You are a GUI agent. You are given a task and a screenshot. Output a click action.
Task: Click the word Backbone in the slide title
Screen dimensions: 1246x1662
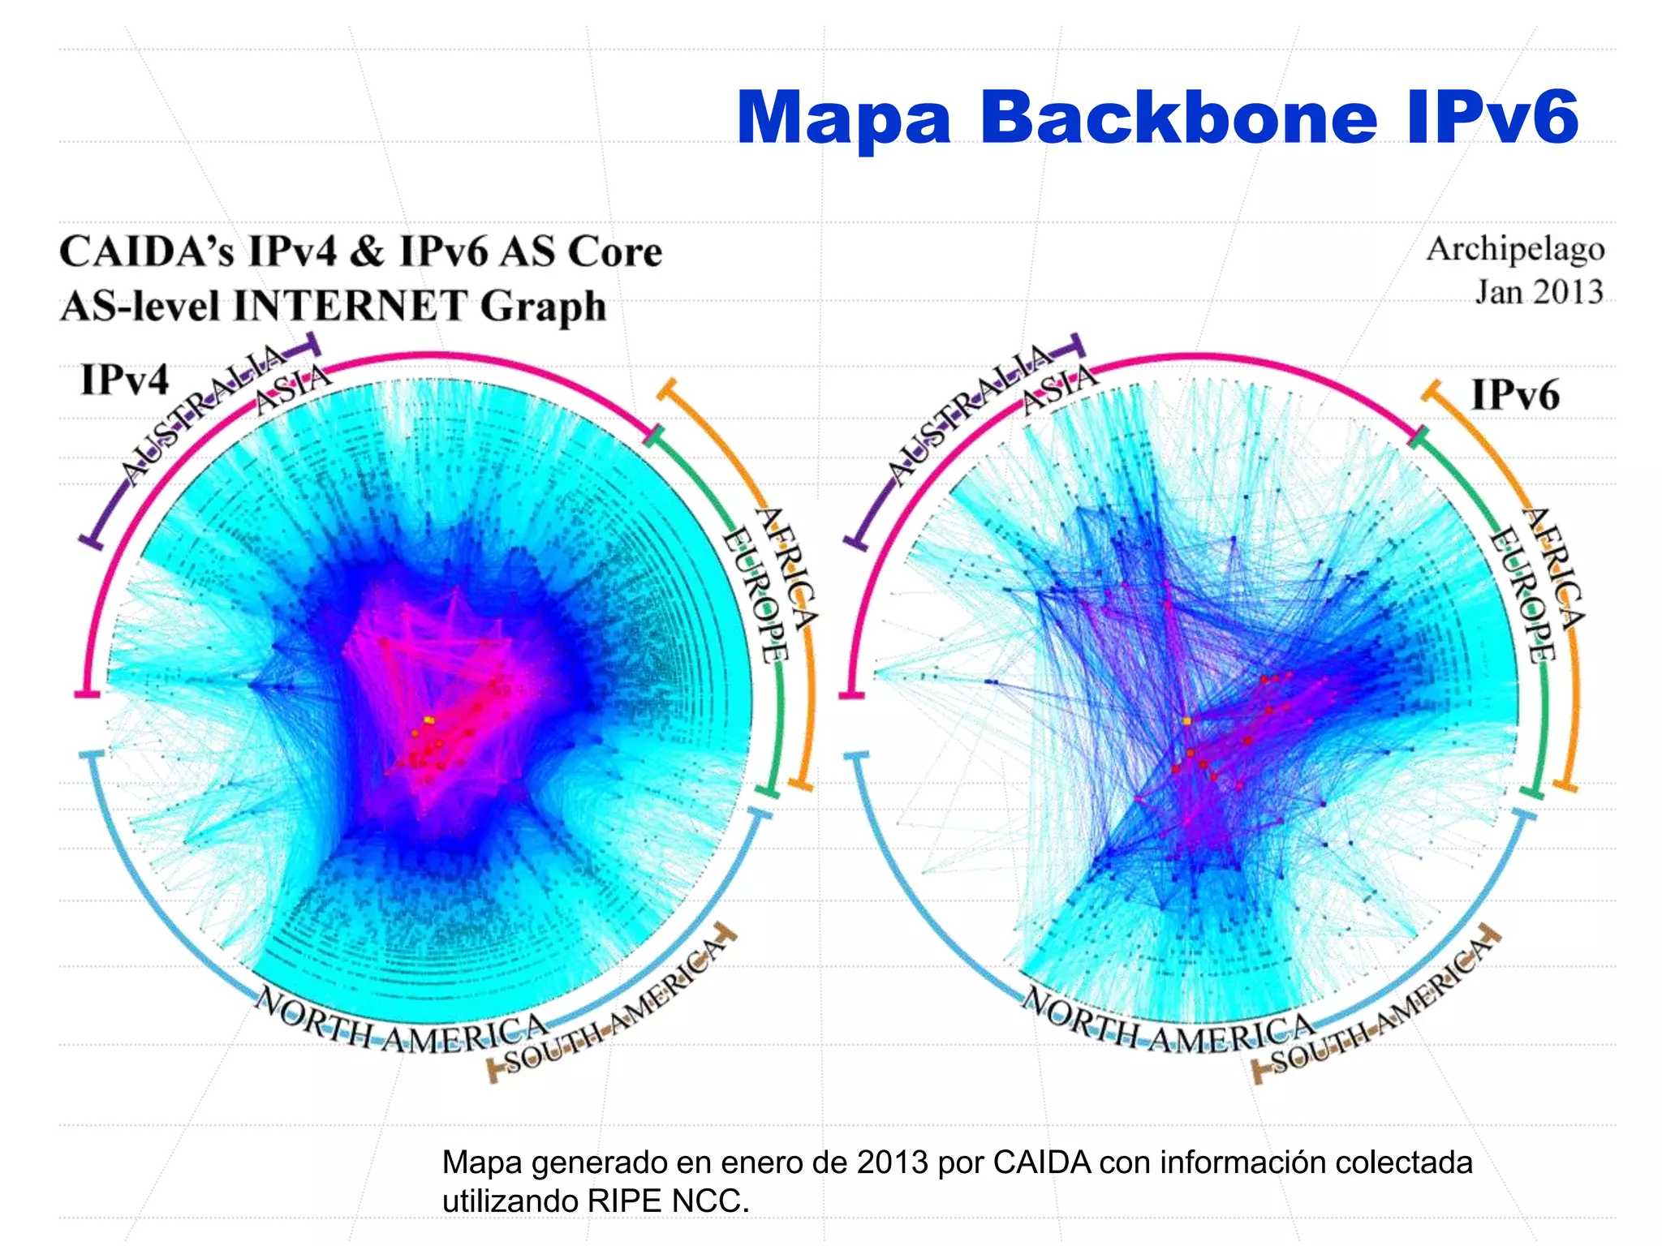coord(1178,118)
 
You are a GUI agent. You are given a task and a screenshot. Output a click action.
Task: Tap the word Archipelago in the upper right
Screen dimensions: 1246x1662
coord(1515,250)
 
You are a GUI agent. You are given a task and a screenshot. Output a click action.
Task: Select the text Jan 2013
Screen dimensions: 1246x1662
coord(1539,292)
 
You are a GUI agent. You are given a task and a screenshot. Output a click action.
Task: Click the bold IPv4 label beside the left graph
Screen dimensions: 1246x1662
coord(124,380)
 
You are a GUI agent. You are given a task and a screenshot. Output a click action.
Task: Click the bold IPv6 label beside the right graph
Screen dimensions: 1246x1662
coord(1515,396)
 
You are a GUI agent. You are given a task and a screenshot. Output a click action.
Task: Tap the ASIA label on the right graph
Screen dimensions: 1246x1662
coord(1059,389)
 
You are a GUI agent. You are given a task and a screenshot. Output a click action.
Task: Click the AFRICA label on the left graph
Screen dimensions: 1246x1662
coord(786,568)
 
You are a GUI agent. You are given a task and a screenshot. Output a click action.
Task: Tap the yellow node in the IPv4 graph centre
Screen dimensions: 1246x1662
coord(428,720)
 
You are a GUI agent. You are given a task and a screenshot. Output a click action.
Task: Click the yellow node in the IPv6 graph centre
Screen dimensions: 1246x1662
coord(1186,720)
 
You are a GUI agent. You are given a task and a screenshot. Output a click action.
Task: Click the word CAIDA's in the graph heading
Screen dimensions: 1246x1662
coord(146,251)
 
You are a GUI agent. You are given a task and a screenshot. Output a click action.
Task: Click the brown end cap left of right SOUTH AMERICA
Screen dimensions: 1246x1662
coord(1257,1072)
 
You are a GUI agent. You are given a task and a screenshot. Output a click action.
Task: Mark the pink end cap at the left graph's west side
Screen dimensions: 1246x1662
coord(86,694)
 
